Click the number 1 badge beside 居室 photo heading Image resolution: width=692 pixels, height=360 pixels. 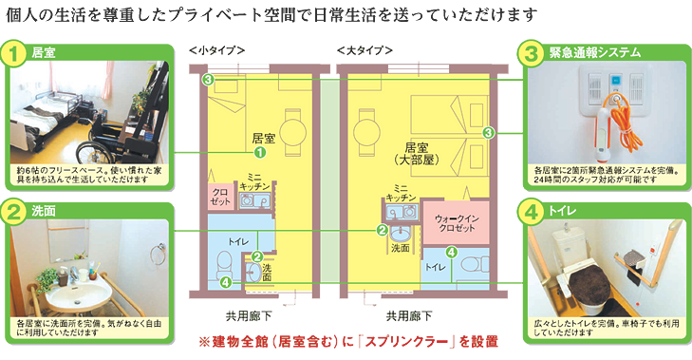click(14, 54)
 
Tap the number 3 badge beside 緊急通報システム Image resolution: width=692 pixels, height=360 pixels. click(533, 52)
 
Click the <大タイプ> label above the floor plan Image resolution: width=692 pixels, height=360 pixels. click(365, 49)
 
